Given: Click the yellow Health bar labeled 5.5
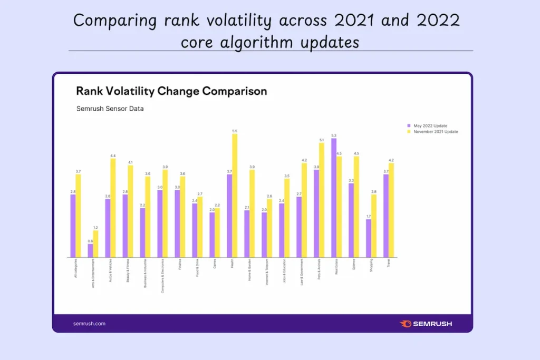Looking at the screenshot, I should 235,196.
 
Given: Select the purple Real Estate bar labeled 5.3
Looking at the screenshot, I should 334,198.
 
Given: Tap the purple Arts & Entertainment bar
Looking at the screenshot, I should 90,250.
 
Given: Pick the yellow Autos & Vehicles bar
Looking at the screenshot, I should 113,208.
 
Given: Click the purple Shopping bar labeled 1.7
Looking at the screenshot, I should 369,238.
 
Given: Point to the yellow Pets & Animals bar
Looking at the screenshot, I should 322,200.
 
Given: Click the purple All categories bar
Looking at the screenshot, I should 73,226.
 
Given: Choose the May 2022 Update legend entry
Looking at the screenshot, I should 430,125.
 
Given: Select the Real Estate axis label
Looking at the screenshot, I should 336,266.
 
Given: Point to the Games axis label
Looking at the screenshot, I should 215,263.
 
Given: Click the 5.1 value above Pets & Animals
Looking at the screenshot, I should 322,140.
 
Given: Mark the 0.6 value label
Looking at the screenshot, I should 90,241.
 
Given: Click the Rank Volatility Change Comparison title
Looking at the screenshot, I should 171,91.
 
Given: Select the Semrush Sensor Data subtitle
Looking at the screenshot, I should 110,109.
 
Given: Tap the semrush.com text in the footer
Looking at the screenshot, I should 89,324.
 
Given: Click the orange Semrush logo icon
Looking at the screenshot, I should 406,324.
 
